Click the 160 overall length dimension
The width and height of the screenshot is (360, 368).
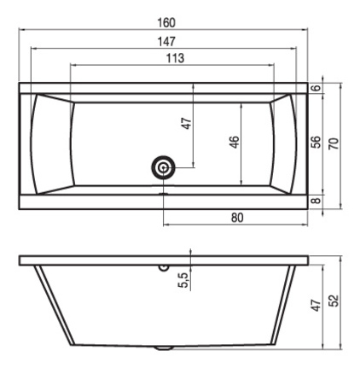click(166, 23)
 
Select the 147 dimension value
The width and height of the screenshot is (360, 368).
click(166, 42)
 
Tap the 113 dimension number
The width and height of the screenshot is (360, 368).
click(175, 58)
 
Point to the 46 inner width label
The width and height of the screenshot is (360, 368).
click(235, 142)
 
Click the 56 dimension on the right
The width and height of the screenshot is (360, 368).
click(316, 142)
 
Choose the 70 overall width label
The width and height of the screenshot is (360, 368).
click(334, 143)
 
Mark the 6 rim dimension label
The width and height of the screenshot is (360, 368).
click(316, 88)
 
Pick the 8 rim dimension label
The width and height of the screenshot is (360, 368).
click(316, 201)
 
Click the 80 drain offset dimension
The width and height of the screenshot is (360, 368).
click(237, 218)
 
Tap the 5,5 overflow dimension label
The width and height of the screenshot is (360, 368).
click(183, 280)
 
